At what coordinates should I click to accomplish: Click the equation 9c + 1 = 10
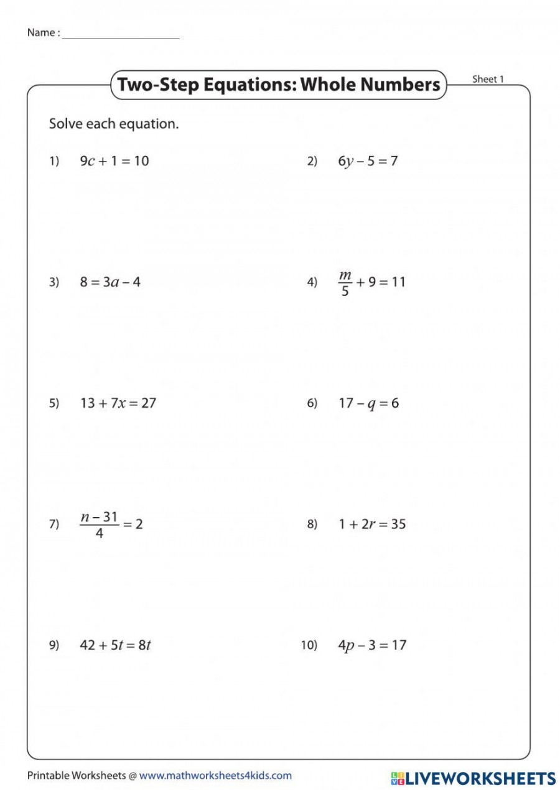tap(114, 161)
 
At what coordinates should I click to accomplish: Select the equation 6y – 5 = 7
tap(368, 161)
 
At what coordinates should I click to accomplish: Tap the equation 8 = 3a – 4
tap(110, 282)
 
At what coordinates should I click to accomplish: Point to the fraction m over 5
tap(345, 282)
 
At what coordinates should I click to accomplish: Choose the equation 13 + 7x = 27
tap(118, 403)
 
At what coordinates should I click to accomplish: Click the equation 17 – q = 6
tap(368, 403)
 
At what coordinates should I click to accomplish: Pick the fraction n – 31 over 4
tap(99, 524)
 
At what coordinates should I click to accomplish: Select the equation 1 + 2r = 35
tap(371, 524)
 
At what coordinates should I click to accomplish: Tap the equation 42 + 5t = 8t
tap(115, 645)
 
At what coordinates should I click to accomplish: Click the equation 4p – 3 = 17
tap(371, 645)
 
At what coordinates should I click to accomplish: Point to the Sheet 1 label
tap(488, 79)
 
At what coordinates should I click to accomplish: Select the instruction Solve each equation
tap(114, 124)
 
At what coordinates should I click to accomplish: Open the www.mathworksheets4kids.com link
tap(215, 775)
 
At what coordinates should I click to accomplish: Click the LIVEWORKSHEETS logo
tap(473, 778)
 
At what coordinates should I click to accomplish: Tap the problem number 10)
tap(309, 645)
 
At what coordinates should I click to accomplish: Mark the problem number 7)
tap(54, 524)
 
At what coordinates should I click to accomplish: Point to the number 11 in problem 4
tap(398, 282)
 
